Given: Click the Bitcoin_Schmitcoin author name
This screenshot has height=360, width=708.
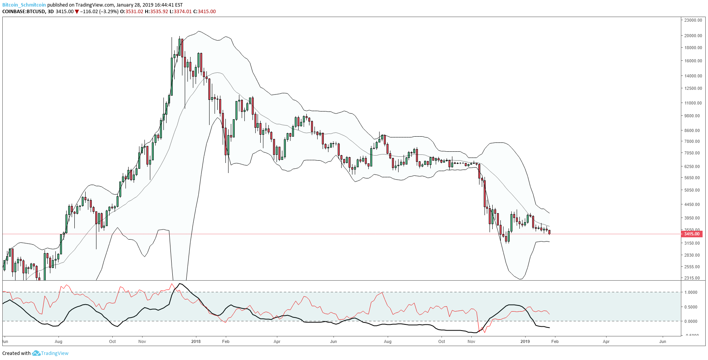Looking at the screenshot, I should point(24,5).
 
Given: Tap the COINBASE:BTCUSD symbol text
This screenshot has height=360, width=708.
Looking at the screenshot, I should point(23,12).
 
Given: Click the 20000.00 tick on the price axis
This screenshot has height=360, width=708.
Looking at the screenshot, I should point(693,36).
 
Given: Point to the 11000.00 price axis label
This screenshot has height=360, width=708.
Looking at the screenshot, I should point(693,103).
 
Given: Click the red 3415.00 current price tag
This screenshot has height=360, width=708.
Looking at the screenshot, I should point(692,234).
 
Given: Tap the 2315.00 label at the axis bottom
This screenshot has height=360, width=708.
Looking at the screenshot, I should point(692,278).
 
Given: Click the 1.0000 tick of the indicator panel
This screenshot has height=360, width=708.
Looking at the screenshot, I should point(691,292).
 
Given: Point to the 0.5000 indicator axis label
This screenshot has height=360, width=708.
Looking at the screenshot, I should point(691,307).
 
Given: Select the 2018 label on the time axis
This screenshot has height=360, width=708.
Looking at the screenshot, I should point(196,341).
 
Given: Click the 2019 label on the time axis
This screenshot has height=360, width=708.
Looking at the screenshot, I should point(525,341).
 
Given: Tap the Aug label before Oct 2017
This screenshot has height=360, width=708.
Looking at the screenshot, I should point(58,341).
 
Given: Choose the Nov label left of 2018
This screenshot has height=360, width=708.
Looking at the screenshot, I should point(142,341).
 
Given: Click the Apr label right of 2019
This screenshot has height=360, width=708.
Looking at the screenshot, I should point(606,341).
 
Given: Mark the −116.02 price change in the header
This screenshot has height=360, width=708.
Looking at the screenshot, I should point(89,12).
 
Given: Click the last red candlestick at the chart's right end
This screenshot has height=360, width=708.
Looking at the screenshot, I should point(549,232).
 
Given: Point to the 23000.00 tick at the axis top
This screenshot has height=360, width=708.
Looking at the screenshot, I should point(693,20).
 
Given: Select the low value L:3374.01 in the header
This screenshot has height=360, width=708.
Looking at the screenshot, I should point(182,12).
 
